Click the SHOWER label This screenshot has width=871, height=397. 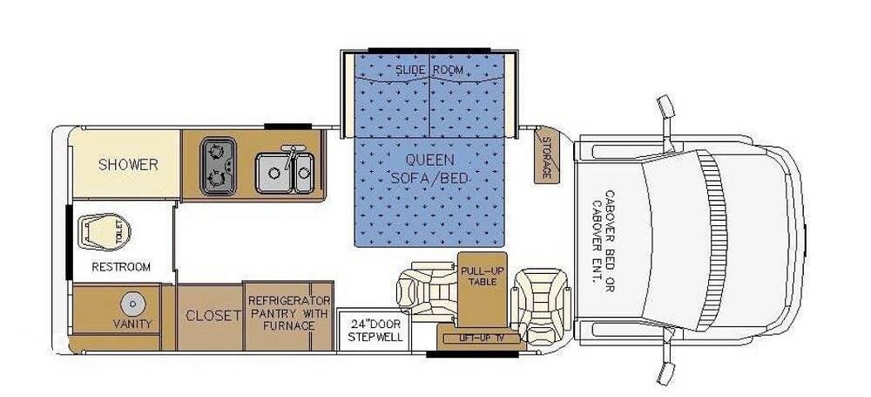(x=128, y=165)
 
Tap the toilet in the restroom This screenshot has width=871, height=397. (x=104, y=232)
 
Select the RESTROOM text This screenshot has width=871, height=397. (x=121, y=267)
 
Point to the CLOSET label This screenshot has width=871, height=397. (x=214, y=316)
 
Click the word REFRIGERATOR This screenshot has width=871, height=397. (x=289, y=301)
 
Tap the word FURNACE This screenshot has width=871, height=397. (x=289, y=325)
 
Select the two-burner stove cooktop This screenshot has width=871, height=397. (x=219, y=166)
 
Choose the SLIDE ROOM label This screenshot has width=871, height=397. (x=429, y=71)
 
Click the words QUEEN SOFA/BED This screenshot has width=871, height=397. (x=429, y=168)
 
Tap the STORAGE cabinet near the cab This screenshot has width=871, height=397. (x=546, y=156)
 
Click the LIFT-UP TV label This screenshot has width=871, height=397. (x=478, y=338)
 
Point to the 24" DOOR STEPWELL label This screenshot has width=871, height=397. (x=375, y=330)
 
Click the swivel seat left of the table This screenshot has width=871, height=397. (x=428, y=291)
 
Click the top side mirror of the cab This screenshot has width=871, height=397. (x=666, y=107)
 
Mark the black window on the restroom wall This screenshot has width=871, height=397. (x=70, y=243)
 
